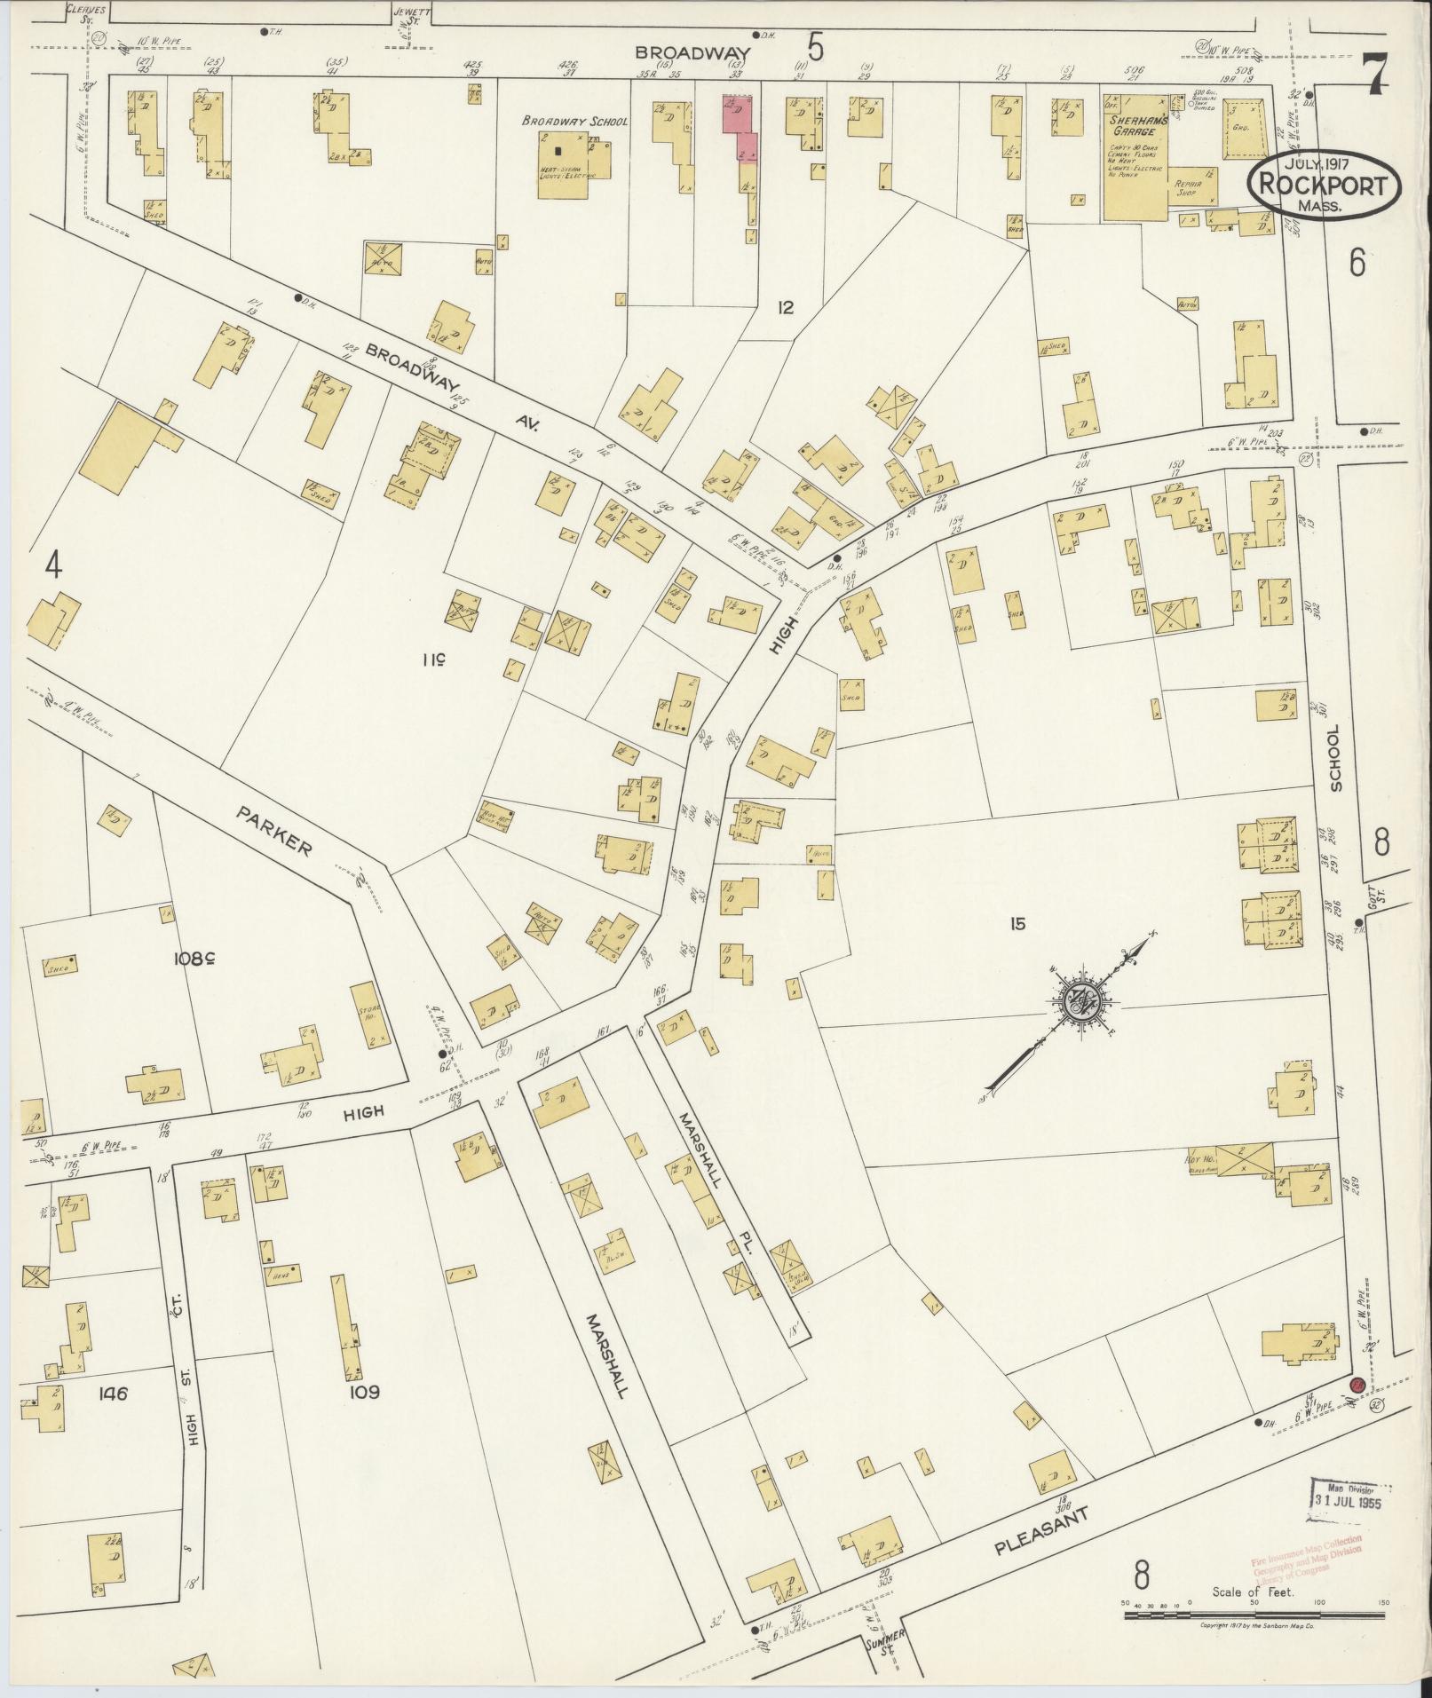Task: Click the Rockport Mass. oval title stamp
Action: pyautogui.click(x=1323, y=186)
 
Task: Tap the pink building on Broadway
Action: pyautogui.click(x=741, y=130)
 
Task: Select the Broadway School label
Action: pyautogui.click(x=574, y=121)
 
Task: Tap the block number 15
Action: pyautogui.click(x=1017, y=924)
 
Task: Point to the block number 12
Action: pyautogui.click(x=785, y=308)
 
